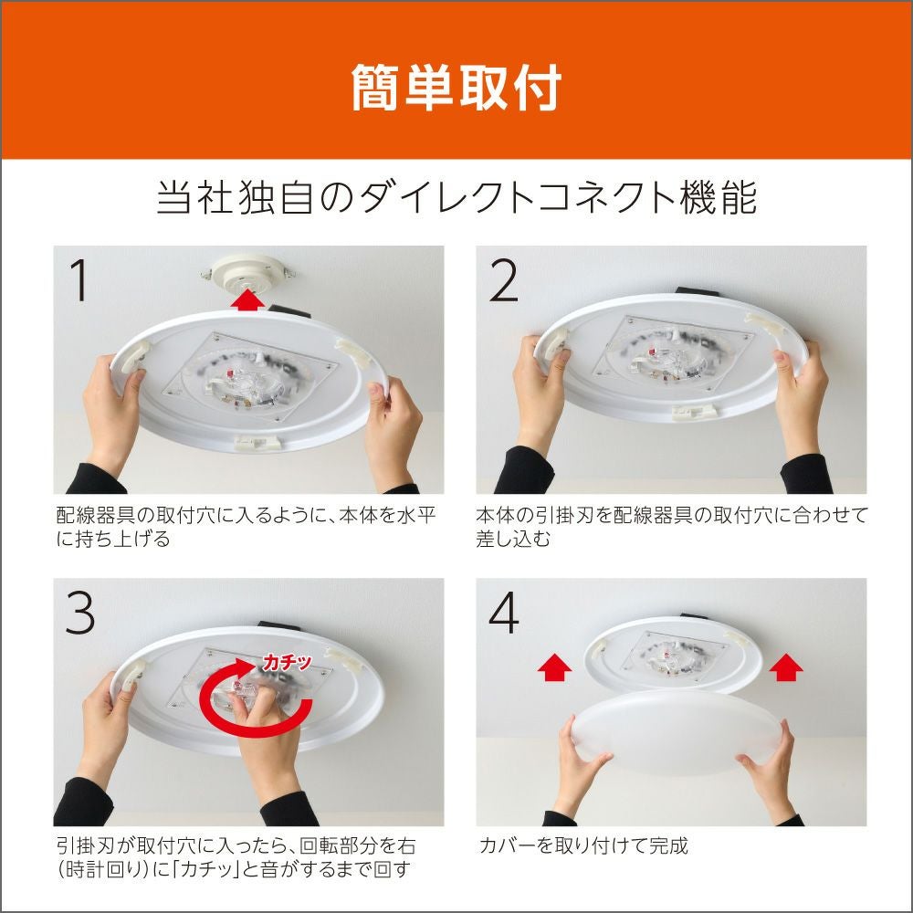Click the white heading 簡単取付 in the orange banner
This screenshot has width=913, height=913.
(456, 88)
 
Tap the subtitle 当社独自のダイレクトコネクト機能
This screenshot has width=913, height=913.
(456, 198)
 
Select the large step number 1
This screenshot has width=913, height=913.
(79, 280)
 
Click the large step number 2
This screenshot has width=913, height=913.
(503, 280)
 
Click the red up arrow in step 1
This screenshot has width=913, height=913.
(247, 300)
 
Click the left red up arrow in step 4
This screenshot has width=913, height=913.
(554, 667)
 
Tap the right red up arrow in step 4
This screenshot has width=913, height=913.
(786, 667)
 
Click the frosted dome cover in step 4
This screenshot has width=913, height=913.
(677, 730)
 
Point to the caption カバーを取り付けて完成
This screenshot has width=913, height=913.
(583, 845)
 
